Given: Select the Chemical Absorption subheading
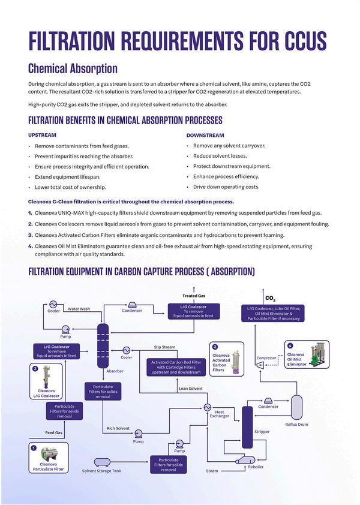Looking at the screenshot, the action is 73,68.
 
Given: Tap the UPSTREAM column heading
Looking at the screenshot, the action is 42,135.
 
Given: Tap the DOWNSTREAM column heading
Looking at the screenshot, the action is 205,136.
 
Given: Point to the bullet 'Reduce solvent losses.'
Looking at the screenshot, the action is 220,156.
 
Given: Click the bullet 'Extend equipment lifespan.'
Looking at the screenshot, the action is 68,177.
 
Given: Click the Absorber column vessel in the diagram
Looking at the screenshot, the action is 103,346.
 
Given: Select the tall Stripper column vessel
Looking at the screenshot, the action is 247,427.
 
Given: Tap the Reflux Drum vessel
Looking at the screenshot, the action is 296,407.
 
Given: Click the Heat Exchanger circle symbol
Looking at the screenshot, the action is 207,407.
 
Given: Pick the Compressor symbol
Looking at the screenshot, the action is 260,365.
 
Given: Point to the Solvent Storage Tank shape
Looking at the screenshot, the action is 102,462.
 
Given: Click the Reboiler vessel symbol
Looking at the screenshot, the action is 245,460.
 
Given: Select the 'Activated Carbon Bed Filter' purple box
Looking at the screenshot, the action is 176,367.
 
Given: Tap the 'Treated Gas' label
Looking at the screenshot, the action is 194,296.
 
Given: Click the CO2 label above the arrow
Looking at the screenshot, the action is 270,299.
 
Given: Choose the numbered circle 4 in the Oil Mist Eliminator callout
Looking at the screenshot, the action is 290,345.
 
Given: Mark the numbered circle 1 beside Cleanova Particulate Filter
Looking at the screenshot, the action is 34,447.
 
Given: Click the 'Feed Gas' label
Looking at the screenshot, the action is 54,432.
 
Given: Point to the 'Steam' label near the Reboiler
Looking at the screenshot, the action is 212,471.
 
